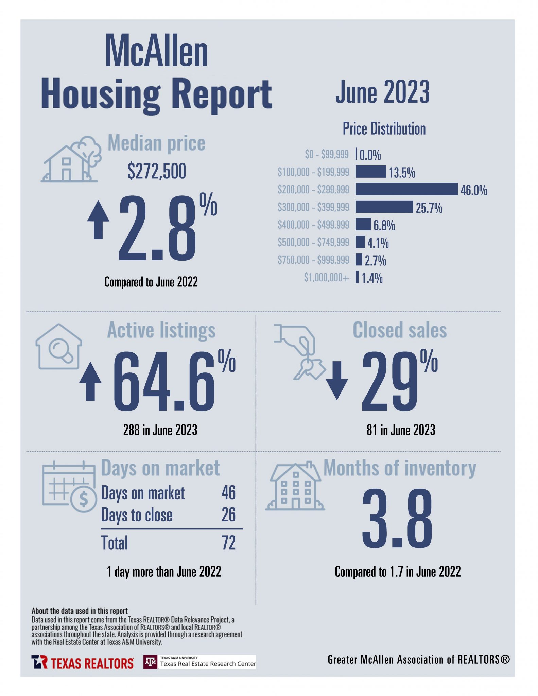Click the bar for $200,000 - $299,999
[406, 189]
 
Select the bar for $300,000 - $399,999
[384, 207]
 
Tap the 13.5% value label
[402, 173]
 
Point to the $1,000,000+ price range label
[326, 278]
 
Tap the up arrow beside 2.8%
[98, 220]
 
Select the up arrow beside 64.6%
[90, 381]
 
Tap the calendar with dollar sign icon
[70, 486]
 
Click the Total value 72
[228, 543]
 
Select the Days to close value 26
[228, 515]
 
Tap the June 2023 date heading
[382, 92]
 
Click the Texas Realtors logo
[82, 662]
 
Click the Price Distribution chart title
[384, 129]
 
